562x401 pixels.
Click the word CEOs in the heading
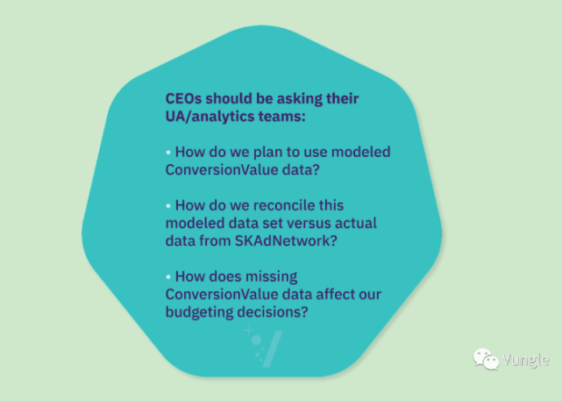click(183, 98)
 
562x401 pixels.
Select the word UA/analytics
click(210, 116)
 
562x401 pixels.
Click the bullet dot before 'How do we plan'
click(168, 153)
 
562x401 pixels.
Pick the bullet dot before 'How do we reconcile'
click(168, 206)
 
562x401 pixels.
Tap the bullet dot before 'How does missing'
click(168, 277)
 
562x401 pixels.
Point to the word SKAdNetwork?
click(286, 241)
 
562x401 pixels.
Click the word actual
click(356, 223)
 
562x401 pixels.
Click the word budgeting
click(199, 312)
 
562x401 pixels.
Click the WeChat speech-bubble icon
click(486, 359)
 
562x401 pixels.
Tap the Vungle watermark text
click(525, 360)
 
